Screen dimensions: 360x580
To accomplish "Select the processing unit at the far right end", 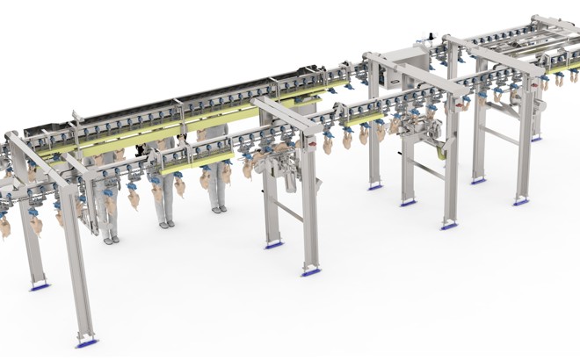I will tap(535, 106).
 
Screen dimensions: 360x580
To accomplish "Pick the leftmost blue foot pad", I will tap(39, 286).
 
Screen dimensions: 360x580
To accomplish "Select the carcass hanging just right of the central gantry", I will tap(329, 143).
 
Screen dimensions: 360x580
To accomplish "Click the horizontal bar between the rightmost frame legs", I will tap(502, 135).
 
